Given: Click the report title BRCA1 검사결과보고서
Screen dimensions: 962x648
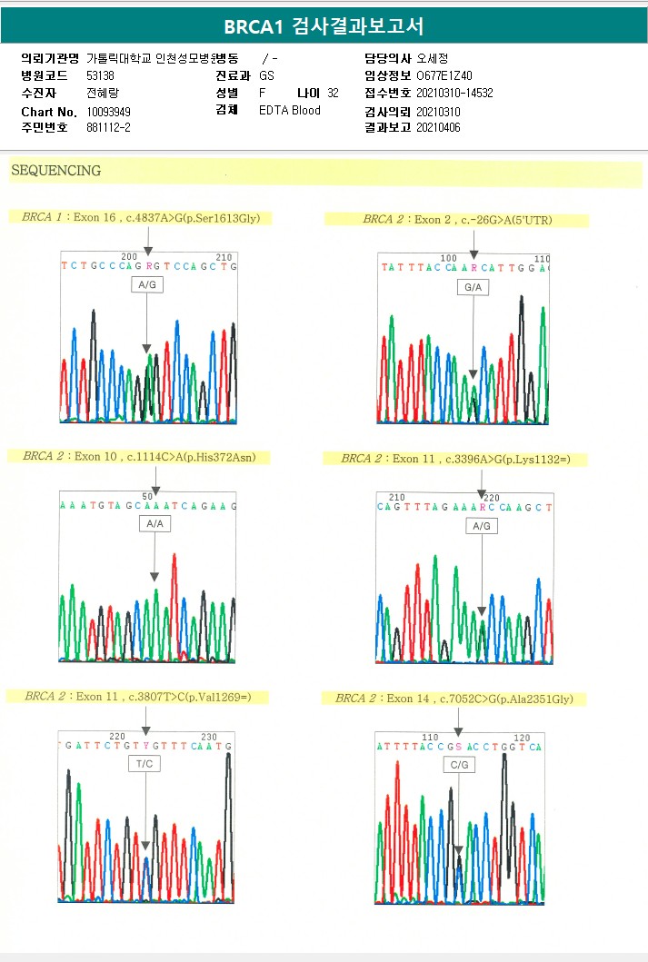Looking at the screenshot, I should [x=324, y=26].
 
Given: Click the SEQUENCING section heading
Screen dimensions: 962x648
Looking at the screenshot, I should [x=55, y=171].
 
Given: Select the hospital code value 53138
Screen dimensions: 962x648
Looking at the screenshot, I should [x=100, y=75].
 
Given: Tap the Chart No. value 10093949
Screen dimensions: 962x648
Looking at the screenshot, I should [x=109, y=112].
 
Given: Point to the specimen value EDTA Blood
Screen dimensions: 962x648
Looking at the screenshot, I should [x=290, y=111].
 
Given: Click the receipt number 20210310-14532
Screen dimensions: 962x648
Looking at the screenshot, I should [x=454, y=93].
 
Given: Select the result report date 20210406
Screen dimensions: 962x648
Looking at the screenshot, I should [x=439, y=128].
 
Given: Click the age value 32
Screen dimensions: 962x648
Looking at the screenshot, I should [x=333, y=93].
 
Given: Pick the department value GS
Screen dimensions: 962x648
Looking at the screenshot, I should [x=266, y=75].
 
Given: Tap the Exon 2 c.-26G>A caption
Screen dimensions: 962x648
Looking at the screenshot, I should [x=457, y=220].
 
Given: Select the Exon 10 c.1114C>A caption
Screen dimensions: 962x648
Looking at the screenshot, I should [x=146, y=456].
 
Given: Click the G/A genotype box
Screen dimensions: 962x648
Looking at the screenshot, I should [x=473, y=287].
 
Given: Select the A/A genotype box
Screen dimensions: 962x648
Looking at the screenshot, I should [x=155, y=524].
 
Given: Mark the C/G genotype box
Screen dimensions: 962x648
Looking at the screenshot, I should [x=459, y=766].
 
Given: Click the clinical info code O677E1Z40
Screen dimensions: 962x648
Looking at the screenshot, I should [x=444, y=75].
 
